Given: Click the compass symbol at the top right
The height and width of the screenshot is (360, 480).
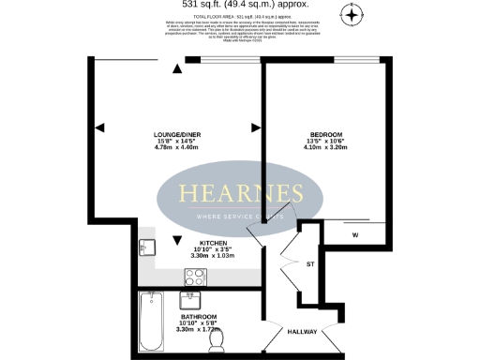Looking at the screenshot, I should (352, 14).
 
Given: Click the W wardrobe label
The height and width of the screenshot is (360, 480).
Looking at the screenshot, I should (355, 234).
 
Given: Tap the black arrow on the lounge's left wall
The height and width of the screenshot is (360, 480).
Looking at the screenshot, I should (100, 127).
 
